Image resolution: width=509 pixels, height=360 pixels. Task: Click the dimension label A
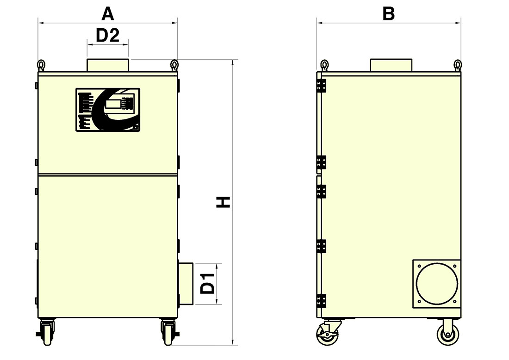108,14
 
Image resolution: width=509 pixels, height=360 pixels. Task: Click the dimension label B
389,14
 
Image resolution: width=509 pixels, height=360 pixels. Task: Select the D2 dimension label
108,35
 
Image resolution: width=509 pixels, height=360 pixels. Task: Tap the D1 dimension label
208,283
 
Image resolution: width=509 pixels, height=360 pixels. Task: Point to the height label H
223,202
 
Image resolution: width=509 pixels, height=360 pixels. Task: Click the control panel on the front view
108,110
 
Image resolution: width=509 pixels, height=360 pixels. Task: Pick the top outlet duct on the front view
108,65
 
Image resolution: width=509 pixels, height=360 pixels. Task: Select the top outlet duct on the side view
391,65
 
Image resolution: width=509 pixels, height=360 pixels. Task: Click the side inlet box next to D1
186,284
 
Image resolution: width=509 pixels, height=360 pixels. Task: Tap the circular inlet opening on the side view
437,284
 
